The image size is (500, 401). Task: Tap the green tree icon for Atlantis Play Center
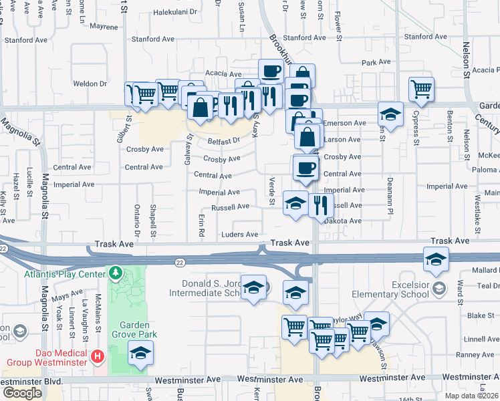[116, 273]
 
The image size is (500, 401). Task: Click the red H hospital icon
[98, 355]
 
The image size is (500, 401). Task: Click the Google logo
[23, 392]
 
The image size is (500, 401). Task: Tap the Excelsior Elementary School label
[392, 289]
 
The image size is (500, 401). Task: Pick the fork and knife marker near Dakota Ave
[322, 205]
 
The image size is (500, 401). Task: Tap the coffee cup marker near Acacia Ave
[271, 71]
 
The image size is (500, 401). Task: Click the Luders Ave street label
[239, 235]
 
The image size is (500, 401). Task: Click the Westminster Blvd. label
[31, 380]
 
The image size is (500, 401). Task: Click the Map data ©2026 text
[471, 395]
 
